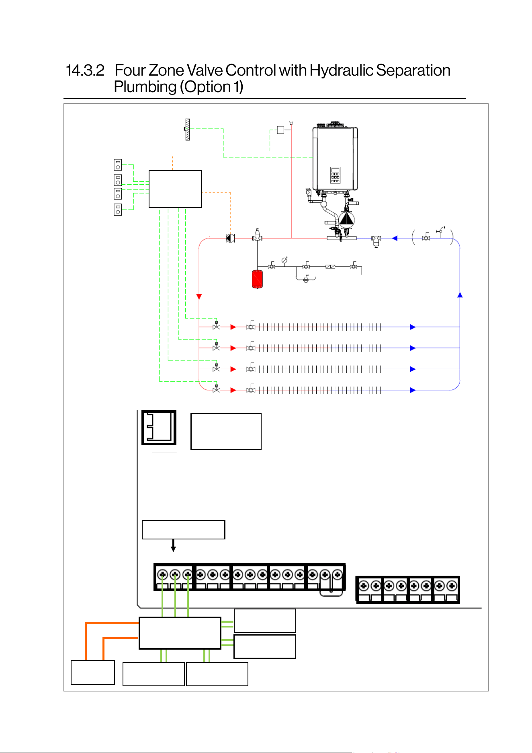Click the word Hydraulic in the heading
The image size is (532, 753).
pos(342,71)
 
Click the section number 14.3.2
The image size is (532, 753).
pos(85,70)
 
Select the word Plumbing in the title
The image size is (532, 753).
pos(145,87)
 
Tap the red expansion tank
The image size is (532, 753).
pos(257,279)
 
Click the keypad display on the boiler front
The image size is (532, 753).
pos(335,175)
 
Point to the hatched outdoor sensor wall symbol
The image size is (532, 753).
pos(187,130)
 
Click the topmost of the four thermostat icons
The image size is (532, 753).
pos(118,165)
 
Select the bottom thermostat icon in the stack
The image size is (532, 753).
pos(118,210)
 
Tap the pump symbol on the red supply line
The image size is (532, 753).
pos(230,238)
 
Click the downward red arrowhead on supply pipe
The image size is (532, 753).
pos(199,297)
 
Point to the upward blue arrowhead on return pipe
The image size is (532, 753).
pos(460,295)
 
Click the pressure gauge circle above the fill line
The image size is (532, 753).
pos(284,260)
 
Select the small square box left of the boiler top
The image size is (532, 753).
pos(280,130)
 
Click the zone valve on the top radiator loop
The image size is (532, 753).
pos(217,326)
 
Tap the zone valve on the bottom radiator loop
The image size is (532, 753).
pos(217,389)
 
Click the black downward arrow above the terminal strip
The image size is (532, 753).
pos(173,545)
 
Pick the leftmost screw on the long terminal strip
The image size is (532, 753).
pos(162,574)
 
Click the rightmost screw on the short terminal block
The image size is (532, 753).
pos(452,585)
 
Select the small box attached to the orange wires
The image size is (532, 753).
pos(93,673)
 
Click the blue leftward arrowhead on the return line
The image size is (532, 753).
pos(395,238)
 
